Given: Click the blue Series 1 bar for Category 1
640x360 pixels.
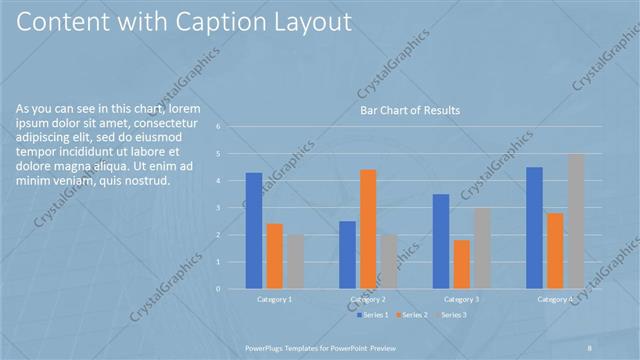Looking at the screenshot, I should click(254, 231).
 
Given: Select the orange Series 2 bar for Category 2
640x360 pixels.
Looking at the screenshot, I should click(367, 229).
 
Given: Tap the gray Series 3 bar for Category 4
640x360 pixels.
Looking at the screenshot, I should click(575, 221).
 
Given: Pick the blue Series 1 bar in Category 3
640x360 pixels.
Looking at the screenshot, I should click(441, 241).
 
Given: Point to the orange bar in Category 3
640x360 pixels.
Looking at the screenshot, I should click(461, 264).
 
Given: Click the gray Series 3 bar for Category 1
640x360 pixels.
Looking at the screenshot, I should click(294, 262).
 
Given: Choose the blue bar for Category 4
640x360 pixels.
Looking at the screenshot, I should click(534, 228).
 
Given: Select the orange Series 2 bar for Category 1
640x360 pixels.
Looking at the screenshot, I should click(274, 256).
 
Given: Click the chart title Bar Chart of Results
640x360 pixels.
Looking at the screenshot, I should click(410, 110).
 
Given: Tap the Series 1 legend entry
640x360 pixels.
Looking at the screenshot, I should click(375, 315).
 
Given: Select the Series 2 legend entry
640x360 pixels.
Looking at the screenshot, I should click(413, 315).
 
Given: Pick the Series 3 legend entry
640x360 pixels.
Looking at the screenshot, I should click(451, 315).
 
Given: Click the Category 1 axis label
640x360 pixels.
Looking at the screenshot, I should click(274, 299).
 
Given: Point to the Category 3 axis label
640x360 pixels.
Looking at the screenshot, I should click(461, 299).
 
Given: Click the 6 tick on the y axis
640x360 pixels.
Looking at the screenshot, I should click(232, 127).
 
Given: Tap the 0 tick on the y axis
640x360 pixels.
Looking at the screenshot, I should click(232, 289).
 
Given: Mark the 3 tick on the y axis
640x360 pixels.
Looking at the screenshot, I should click(232, 208).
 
